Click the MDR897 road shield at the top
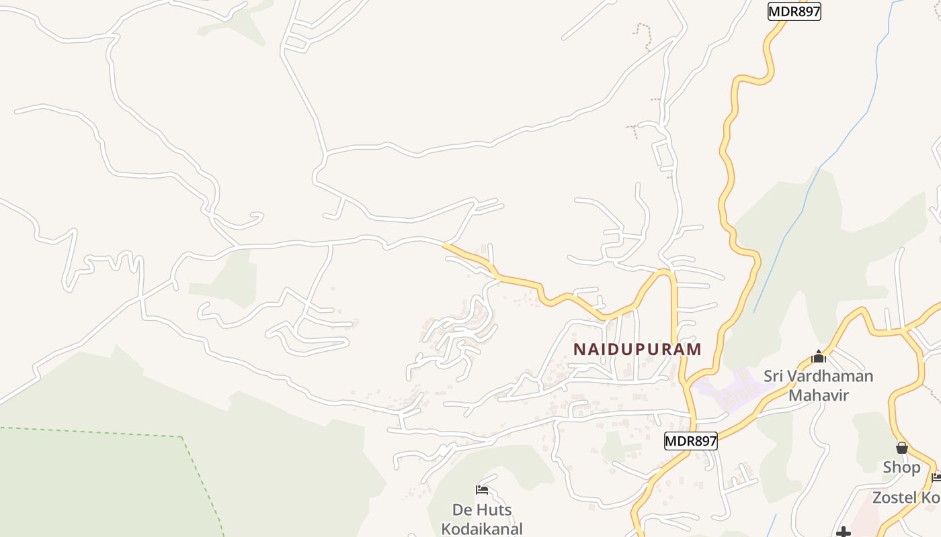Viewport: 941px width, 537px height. tap(794, 11)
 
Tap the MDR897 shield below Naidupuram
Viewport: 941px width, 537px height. tap(690, 441)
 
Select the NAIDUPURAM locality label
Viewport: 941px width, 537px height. tap(637, 349)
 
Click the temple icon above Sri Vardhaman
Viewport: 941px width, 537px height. tap(818, 356)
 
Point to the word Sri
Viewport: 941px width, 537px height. tap(775, 376)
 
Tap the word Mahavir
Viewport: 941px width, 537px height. tap(819, 395)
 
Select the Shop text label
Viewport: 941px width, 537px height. tap(901, 467)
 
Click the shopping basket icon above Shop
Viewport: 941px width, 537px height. tap(901, 448)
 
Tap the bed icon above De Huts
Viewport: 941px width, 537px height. tap(481, 489)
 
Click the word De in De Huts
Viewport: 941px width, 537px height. tap(461, 509)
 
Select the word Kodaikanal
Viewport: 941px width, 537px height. tap(481, 528)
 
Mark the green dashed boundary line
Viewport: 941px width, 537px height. tap(94, 432)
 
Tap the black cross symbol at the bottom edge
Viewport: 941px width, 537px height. tap(844, 533)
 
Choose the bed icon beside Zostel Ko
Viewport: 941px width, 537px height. tap(937, 477)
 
